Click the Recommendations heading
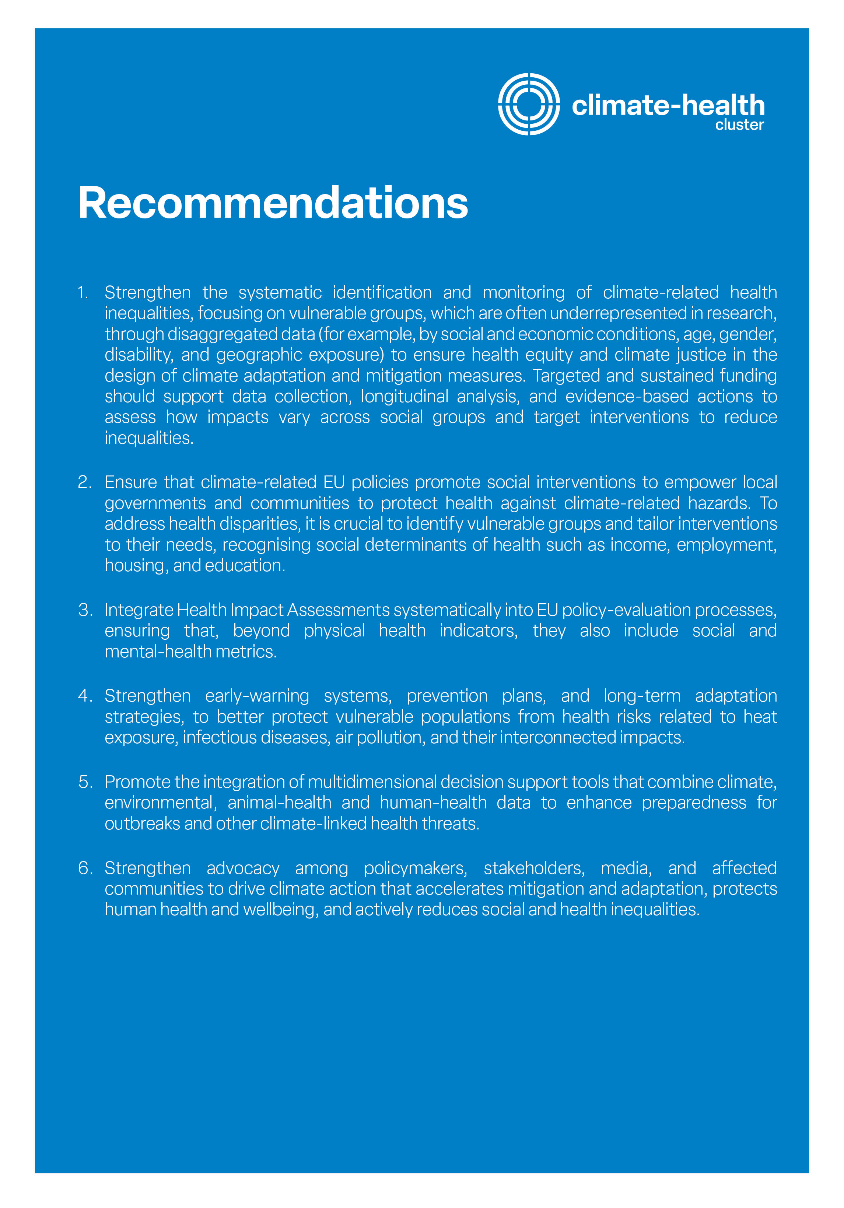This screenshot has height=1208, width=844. (273, 203)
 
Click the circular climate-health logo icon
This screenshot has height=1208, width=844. (528, 104)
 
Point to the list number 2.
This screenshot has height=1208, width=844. (84, 482)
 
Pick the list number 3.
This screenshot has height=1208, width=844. (85, 610)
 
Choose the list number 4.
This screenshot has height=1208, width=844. (85, 696)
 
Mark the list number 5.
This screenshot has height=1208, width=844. (85, 782)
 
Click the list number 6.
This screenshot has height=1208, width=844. (85, 868)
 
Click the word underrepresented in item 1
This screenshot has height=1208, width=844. (618, 313)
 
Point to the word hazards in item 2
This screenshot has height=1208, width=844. (719, 503)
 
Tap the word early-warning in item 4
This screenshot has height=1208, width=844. (257, 696)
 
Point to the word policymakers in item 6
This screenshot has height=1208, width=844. (415, 868)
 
